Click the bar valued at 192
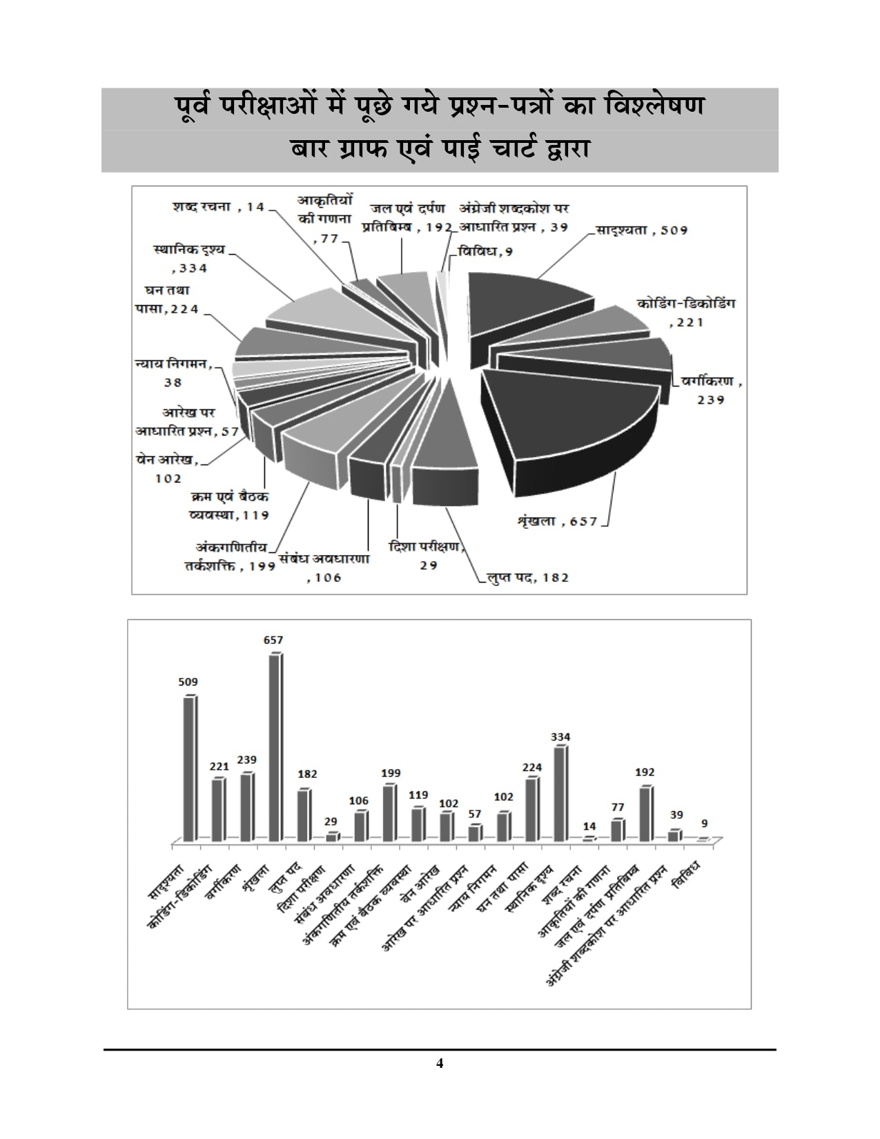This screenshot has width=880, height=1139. (x=645, y=814)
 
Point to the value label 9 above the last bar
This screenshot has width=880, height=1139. (x=705, y=824)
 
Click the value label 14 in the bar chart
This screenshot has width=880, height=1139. (x=588, y=826)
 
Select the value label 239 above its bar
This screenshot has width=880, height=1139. (x=246, y=759)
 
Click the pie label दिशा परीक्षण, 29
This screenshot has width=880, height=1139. (x=424, y=555)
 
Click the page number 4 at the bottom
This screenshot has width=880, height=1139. (x=440, y=1063)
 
